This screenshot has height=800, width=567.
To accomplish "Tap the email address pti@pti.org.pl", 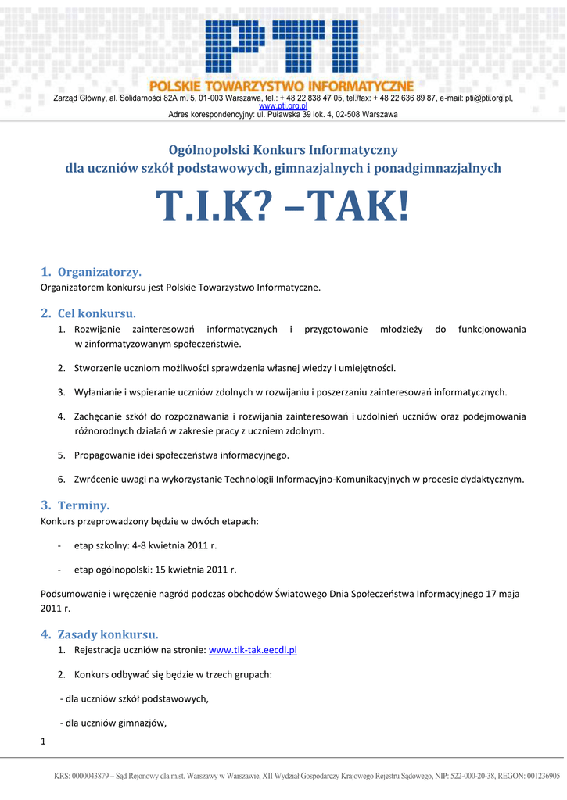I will pyautogui.click(x=489, y=98).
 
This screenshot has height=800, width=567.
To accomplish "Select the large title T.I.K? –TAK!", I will pyautogui.click(x=282, y=206).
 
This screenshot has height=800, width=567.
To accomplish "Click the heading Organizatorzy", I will pyautogui.click(x=99, y=272).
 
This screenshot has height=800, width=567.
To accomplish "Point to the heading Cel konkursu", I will pyautogui.click(x=96, y=313).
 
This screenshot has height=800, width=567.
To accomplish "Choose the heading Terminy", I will pyautogui.click(x=84, y=505).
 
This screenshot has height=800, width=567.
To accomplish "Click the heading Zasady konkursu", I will pyautogui.click(x=108, y=634).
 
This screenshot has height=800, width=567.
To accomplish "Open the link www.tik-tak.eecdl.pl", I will pyautogui.click(x=253, y=650).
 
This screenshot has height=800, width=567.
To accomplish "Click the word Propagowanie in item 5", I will pyautogui.click(x=104, y=455).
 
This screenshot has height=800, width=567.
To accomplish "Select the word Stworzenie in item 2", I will pyautogui.click(x=98, y=367).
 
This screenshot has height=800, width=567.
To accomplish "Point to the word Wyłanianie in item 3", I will pyautogui.click(x=99, y=392).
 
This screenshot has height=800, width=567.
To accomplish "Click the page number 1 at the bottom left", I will pyautogui.click(x=43, y=741).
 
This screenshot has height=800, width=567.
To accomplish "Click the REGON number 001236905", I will pyautogui.click(x=540, y=777).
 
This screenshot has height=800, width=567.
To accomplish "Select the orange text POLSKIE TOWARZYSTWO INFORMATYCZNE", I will pyautogui.click(x=282, y=85).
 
